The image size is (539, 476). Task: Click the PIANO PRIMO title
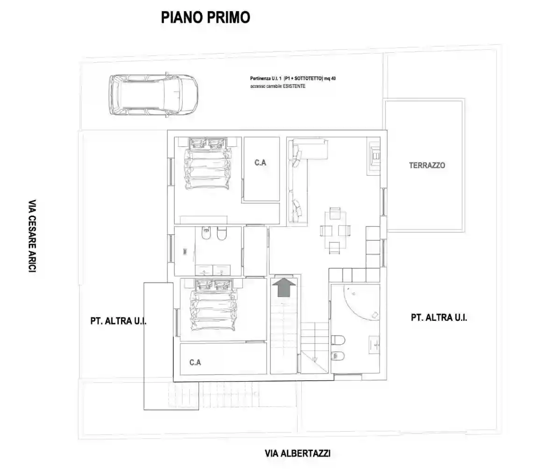[x=206, y=17]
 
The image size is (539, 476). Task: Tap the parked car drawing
[x=153, y=95]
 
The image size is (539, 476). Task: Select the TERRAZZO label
[x=427, y=165]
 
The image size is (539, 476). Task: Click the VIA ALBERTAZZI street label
[x=298, y=453]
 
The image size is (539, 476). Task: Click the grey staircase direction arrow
[x=284, y=287]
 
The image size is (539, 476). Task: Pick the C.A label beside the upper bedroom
[x=261, y=162]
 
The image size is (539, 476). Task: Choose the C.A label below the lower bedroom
[x=195, y=362]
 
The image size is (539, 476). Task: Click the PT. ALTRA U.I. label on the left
[x=122, y=322]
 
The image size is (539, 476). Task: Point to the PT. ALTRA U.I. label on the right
[x=439, y=317]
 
